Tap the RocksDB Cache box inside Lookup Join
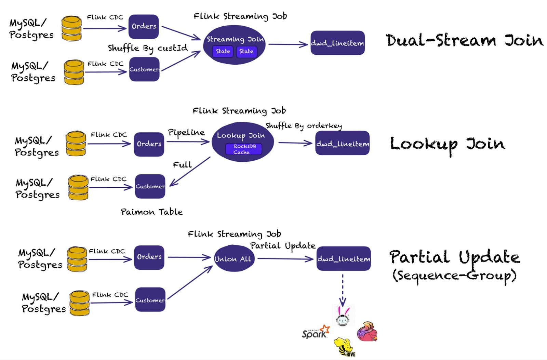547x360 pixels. click(x=244, y=149)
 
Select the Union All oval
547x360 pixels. click(x=233, y=259)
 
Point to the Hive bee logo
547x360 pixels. click(x=345, y=347)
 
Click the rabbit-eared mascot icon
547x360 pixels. click(x=343, y=316)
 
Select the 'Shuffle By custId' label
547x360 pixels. click(x=148, y=48)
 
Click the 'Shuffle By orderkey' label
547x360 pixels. click(x=304, y=126)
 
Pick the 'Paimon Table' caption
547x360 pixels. click(x=151, y=212)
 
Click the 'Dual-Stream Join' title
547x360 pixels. click(x=464, y=40)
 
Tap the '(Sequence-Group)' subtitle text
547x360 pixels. click(x=454, y=276)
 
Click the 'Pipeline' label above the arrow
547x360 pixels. click(x=186, y=132)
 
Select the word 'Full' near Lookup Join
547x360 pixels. click(x=182, y=165)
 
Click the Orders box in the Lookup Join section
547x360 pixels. click(x=149, y=144)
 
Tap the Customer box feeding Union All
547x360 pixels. click(x=150, y=300)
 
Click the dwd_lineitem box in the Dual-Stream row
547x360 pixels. click(x=337, y=43)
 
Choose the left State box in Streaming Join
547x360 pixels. click(x=223, y=51)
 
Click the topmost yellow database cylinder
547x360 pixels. click(x=71, y=28)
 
